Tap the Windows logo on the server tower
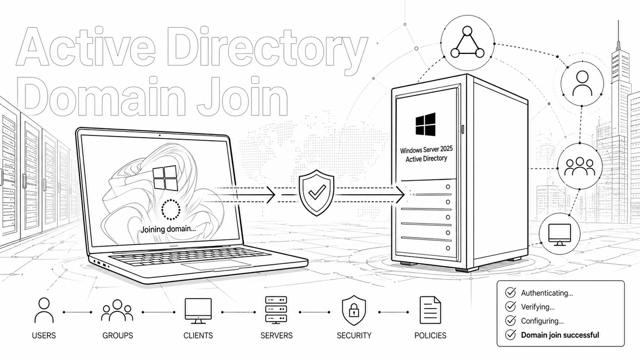425,125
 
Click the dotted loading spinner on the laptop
171,210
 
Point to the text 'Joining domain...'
166,230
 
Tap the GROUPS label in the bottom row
117,335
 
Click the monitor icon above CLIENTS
198,310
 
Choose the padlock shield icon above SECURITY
353,310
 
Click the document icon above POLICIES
430,310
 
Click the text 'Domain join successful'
559,335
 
